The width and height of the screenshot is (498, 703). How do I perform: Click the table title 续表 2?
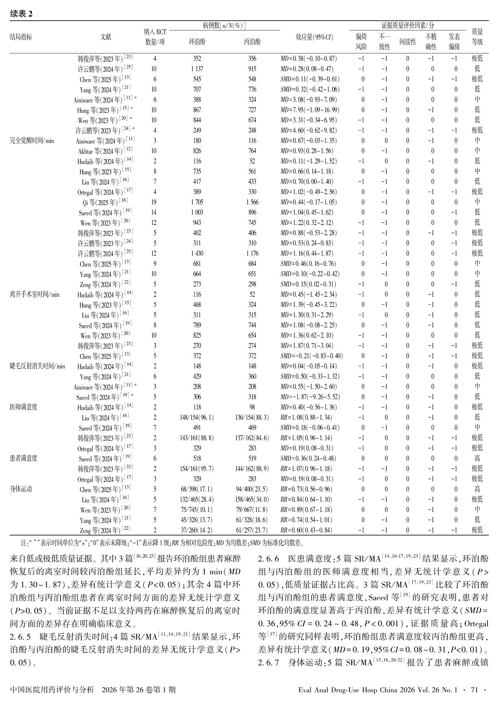tap(21, 14)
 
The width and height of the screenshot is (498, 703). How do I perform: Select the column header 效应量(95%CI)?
tap(314, 37)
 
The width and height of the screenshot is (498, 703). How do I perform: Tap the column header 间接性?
tap(407, 42)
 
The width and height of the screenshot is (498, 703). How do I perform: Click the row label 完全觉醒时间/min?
tap(32, 141)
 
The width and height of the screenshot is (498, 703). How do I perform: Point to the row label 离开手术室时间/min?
tap(34, 294)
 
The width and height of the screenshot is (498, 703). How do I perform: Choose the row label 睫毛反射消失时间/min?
tap(37, 366)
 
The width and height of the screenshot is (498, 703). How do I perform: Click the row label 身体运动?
tap(21, 489)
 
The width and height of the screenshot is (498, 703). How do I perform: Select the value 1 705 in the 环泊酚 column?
tap(197, 202)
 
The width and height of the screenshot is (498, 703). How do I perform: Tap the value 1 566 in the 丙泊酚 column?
tap(252, 202)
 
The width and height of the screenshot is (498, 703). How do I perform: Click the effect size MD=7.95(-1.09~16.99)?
tap(310, 110)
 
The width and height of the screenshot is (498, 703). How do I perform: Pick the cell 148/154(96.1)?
tap(197, 417)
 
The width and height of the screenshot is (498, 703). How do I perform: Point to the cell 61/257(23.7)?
tap(252, 530)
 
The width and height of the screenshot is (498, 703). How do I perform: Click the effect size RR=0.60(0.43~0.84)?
tap(306, 530)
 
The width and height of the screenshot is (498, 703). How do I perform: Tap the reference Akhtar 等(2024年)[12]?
tap(105, 151)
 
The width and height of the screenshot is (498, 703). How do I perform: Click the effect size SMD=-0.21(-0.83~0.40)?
tap(311, 356)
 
